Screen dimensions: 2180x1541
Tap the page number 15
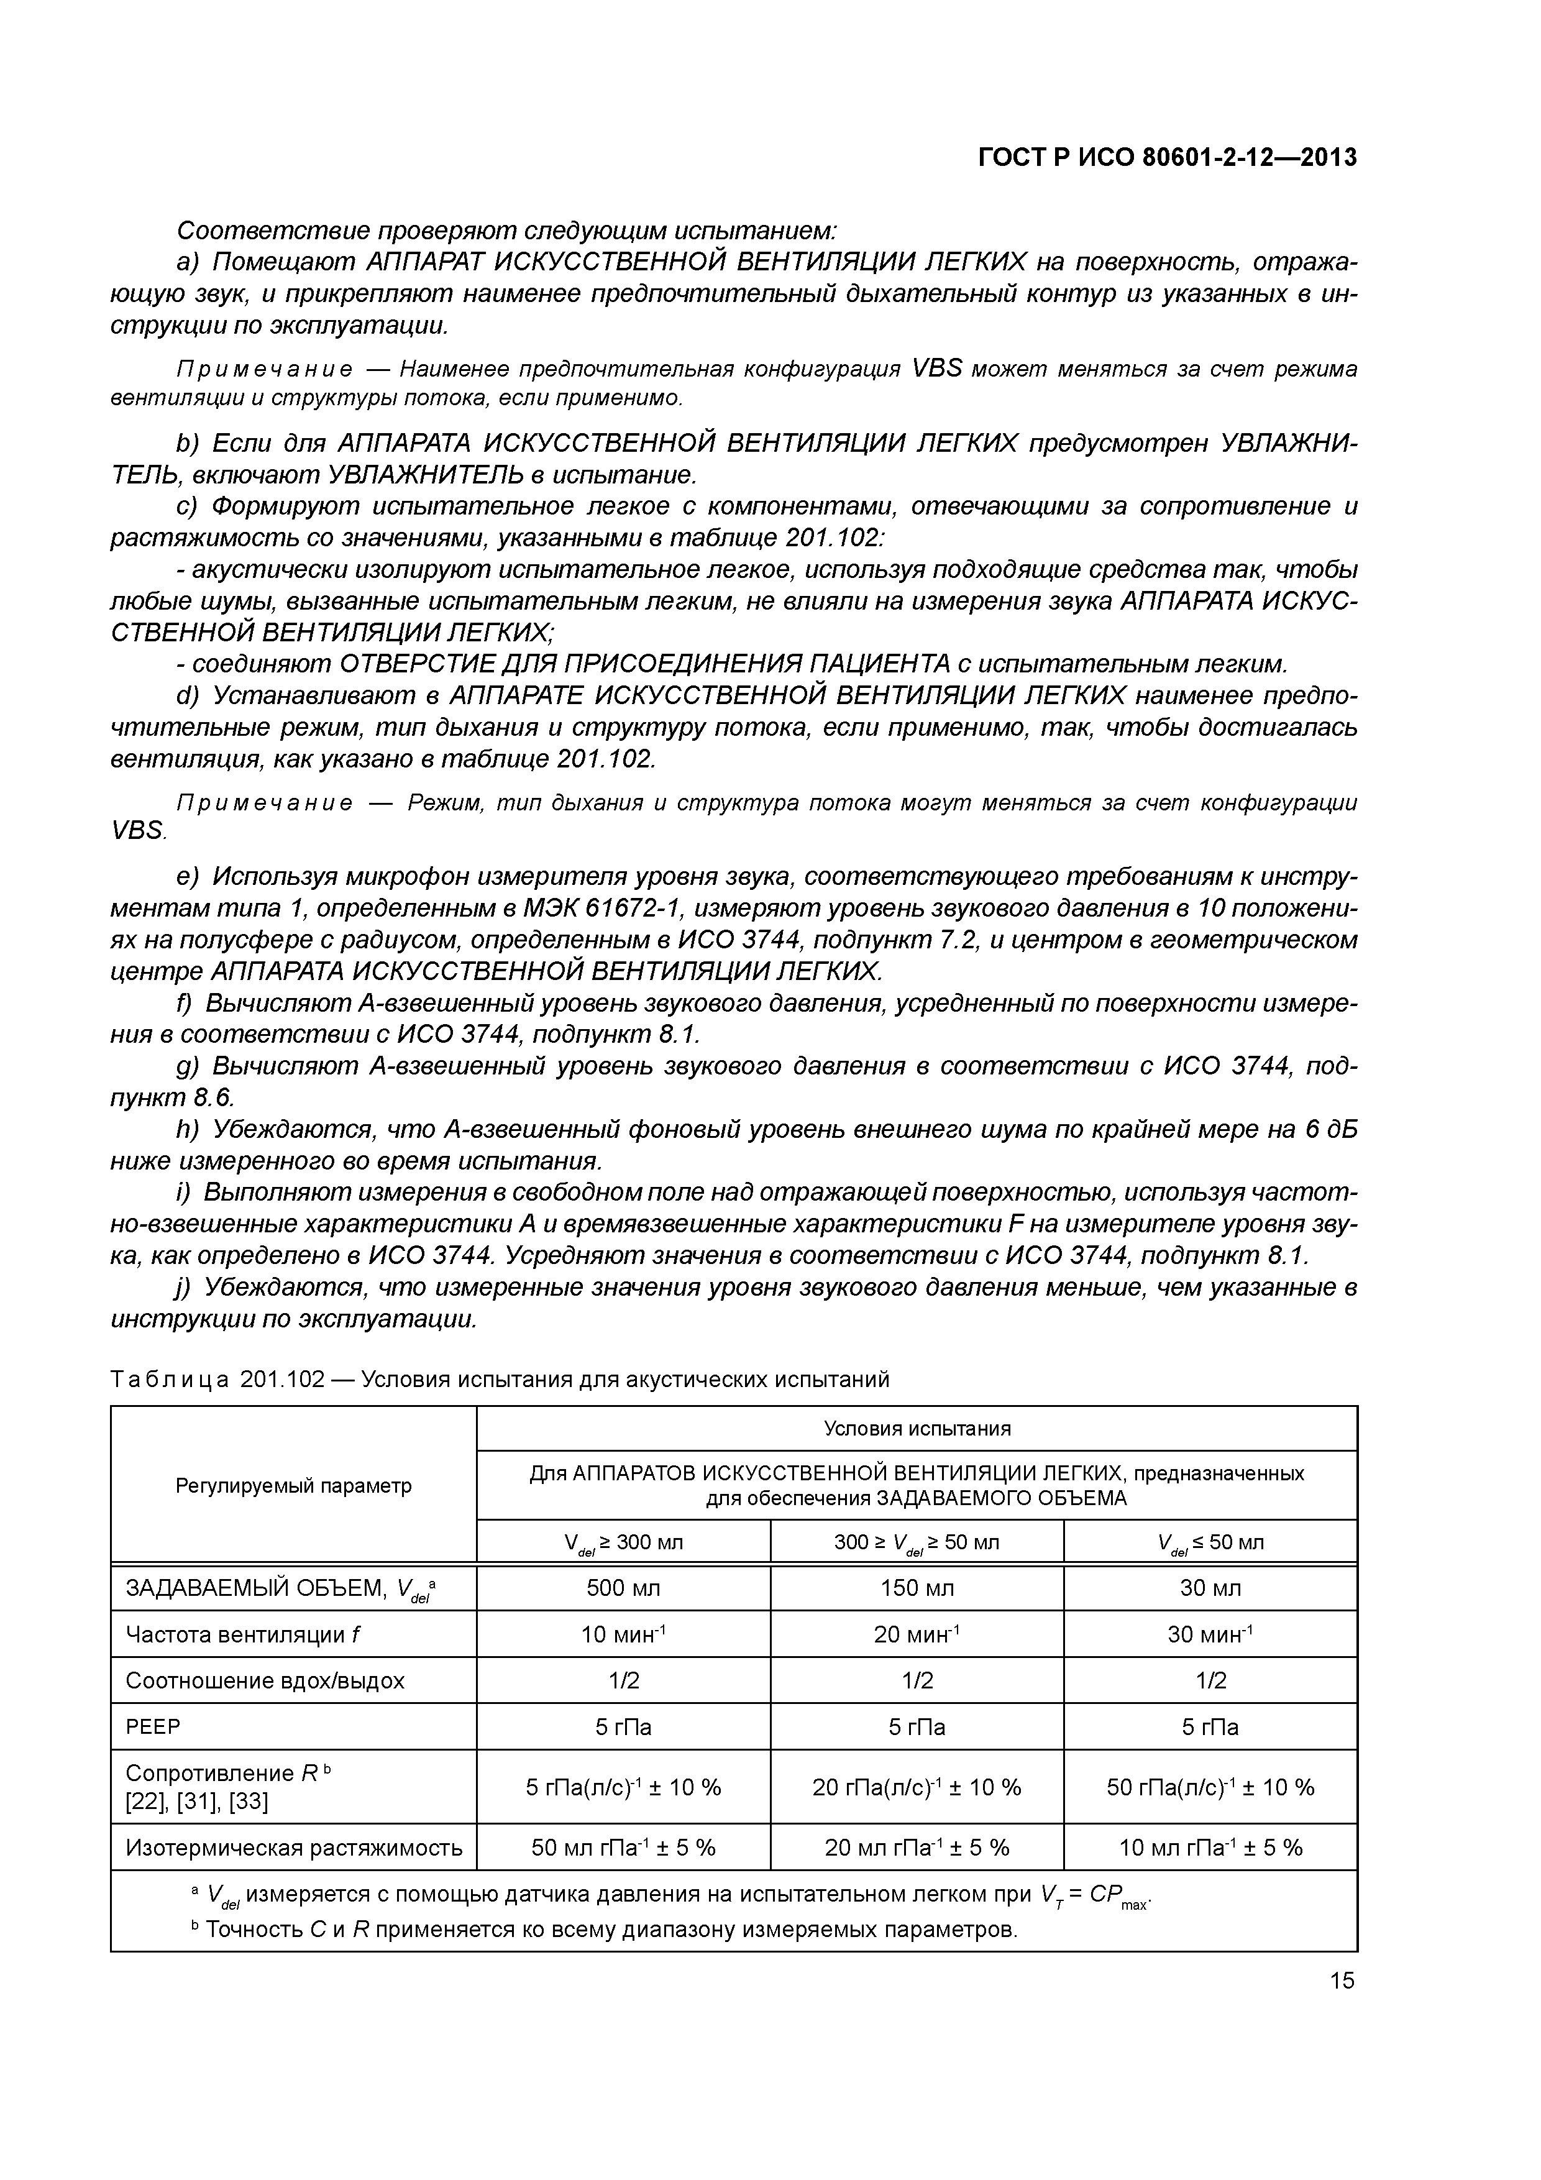[x=1342, y=1981]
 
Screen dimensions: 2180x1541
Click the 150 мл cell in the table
[x=917, y=1588]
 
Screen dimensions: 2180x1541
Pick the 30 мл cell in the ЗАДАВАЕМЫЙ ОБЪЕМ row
[x=1210, y=1588]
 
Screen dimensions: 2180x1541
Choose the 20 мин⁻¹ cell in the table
[x=917, y=1634]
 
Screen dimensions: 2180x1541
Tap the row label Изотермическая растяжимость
[x=293, y=1848]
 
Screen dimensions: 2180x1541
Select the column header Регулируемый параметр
[x=293, y=1486]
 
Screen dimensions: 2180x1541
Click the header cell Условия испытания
[x=917, y=1428]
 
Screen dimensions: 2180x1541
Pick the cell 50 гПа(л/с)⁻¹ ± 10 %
[x=1210, y=1787]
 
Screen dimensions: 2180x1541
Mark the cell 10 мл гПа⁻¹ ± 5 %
[x=1210, y=1848]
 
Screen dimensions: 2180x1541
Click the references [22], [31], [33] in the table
[x=196, y=1801]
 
